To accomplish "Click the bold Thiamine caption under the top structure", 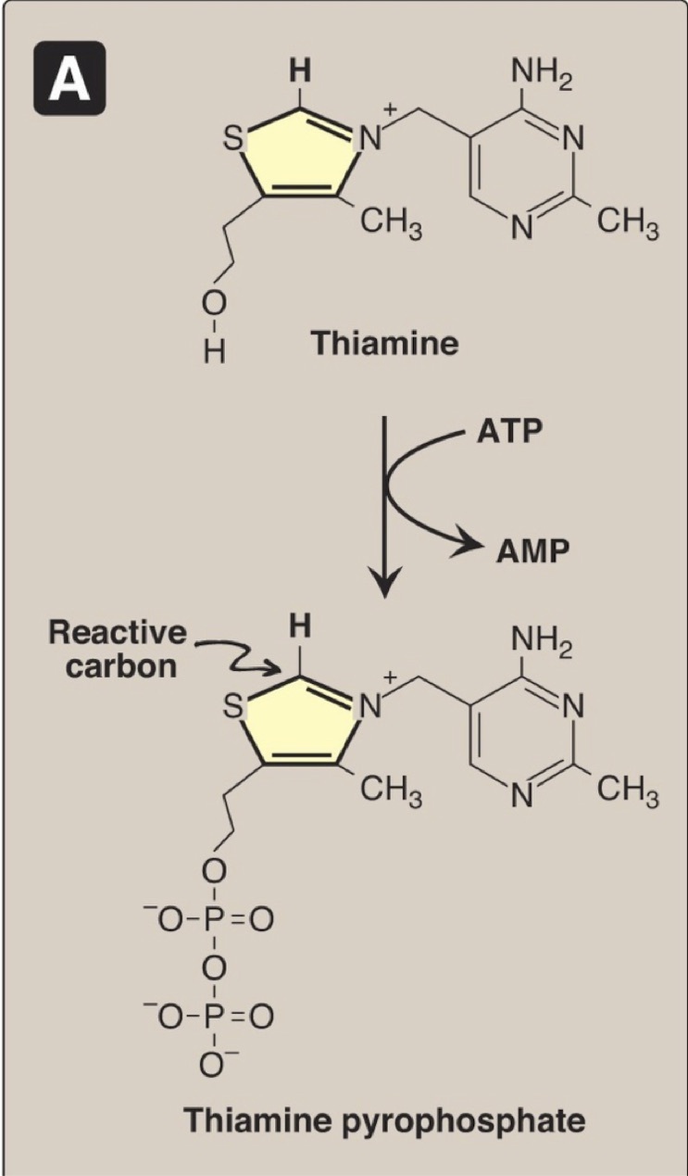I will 384,344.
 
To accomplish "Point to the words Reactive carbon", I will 117,650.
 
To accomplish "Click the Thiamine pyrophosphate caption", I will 384,1120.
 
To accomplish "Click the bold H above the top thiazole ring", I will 299,70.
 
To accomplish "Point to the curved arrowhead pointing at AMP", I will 461,549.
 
